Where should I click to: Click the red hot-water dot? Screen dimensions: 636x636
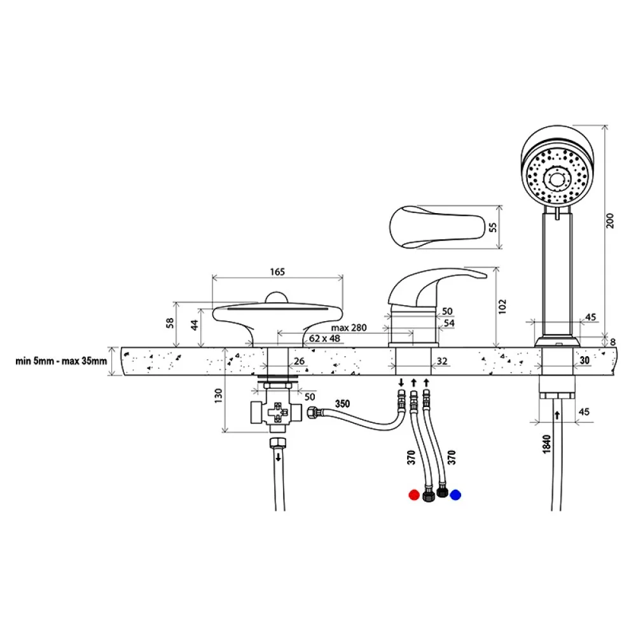coord(414,495)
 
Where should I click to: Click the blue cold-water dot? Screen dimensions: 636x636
coord(455,495)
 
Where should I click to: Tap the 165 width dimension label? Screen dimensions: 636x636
coord(277,272)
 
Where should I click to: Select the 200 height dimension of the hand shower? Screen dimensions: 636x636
coord(610,220)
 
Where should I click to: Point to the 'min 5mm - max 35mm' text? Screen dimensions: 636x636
coord(61,361)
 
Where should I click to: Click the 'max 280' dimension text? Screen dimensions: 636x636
coord(349,328)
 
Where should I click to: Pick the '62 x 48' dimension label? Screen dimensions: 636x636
coord(324,338)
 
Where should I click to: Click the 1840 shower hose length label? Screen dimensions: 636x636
coord(547,444)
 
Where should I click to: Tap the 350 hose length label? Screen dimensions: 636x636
coord(342,404)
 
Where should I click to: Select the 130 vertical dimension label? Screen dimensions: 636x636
coord(219,396)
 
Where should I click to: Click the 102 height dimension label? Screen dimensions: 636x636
coord(502,307)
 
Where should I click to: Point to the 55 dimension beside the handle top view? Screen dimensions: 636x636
coord(493,227)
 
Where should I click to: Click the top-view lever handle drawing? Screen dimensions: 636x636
coord(438,226)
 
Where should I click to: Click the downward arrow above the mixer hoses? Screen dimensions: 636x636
coord(401,382)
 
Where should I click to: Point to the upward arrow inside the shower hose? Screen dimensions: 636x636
coord(557,415)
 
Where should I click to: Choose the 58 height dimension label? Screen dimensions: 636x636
coord(170,323)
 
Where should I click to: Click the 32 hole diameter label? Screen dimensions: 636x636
coord(442,361)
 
